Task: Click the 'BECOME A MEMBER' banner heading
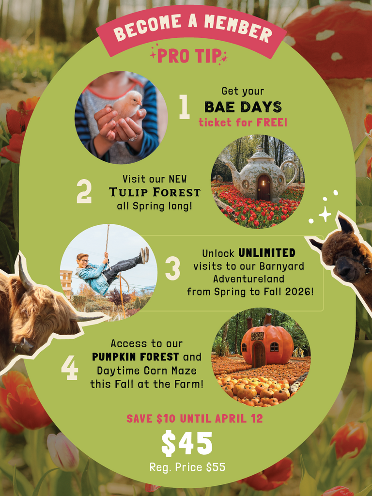click(192, 29)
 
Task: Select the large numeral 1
click(184, 107)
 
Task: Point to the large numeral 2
click(84, 192)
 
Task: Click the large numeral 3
click(172, 268)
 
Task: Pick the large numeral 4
click(70, 369)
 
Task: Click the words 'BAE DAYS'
click(243, 107)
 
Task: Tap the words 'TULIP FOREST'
click(155, 192)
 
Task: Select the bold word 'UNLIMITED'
click(267, 253)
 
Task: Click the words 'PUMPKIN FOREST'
click(136, 357)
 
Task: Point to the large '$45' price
click(186, 444)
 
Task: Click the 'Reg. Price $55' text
click(187, 467)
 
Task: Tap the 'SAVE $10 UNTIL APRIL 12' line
click(195, 418)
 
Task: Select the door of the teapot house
click(263, 187)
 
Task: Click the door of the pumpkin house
click(259, 355)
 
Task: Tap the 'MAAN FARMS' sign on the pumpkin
click(257, 336)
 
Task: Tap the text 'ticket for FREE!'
click(243, 122)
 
